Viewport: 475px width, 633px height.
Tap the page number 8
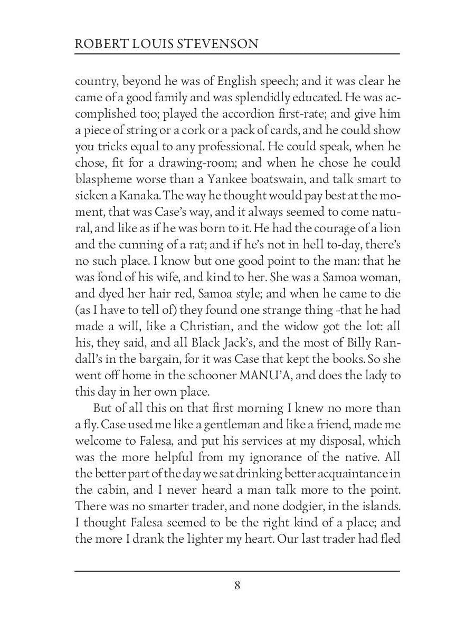(237, 585)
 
